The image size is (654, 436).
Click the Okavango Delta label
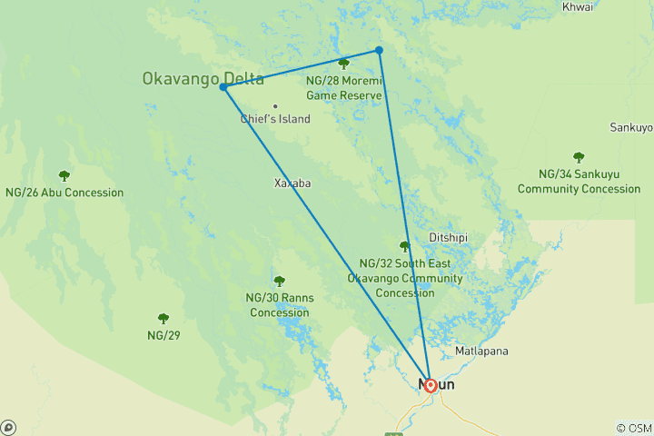[202, 79]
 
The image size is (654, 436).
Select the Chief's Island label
[275, 119]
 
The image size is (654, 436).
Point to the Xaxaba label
[292, 183]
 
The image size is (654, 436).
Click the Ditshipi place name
[448, 238]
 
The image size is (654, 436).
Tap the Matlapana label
[481, 351]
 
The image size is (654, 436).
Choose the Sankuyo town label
[631, 127]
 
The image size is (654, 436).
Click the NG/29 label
[163, 335]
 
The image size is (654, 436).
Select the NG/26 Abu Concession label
[64, 193]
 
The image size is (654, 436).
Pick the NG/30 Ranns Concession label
[279, 305]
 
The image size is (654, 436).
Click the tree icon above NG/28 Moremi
[343, 64]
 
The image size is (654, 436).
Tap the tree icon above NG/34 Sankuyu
[579, 158]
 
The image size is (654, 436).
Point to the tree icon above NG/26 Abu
[64, 175]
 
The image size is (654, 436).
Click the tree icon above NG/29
[163, 319]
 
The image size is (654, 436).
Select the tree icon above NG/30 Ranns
[279, 282]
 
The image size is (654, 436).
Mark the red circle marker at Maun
[430, 385]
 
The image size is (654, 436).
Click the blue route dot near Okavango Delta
[223, 87]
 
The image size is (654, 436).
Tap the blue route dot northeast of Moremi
[379, 50]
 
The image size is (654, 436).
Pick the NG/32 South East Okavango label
[405, 277]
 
